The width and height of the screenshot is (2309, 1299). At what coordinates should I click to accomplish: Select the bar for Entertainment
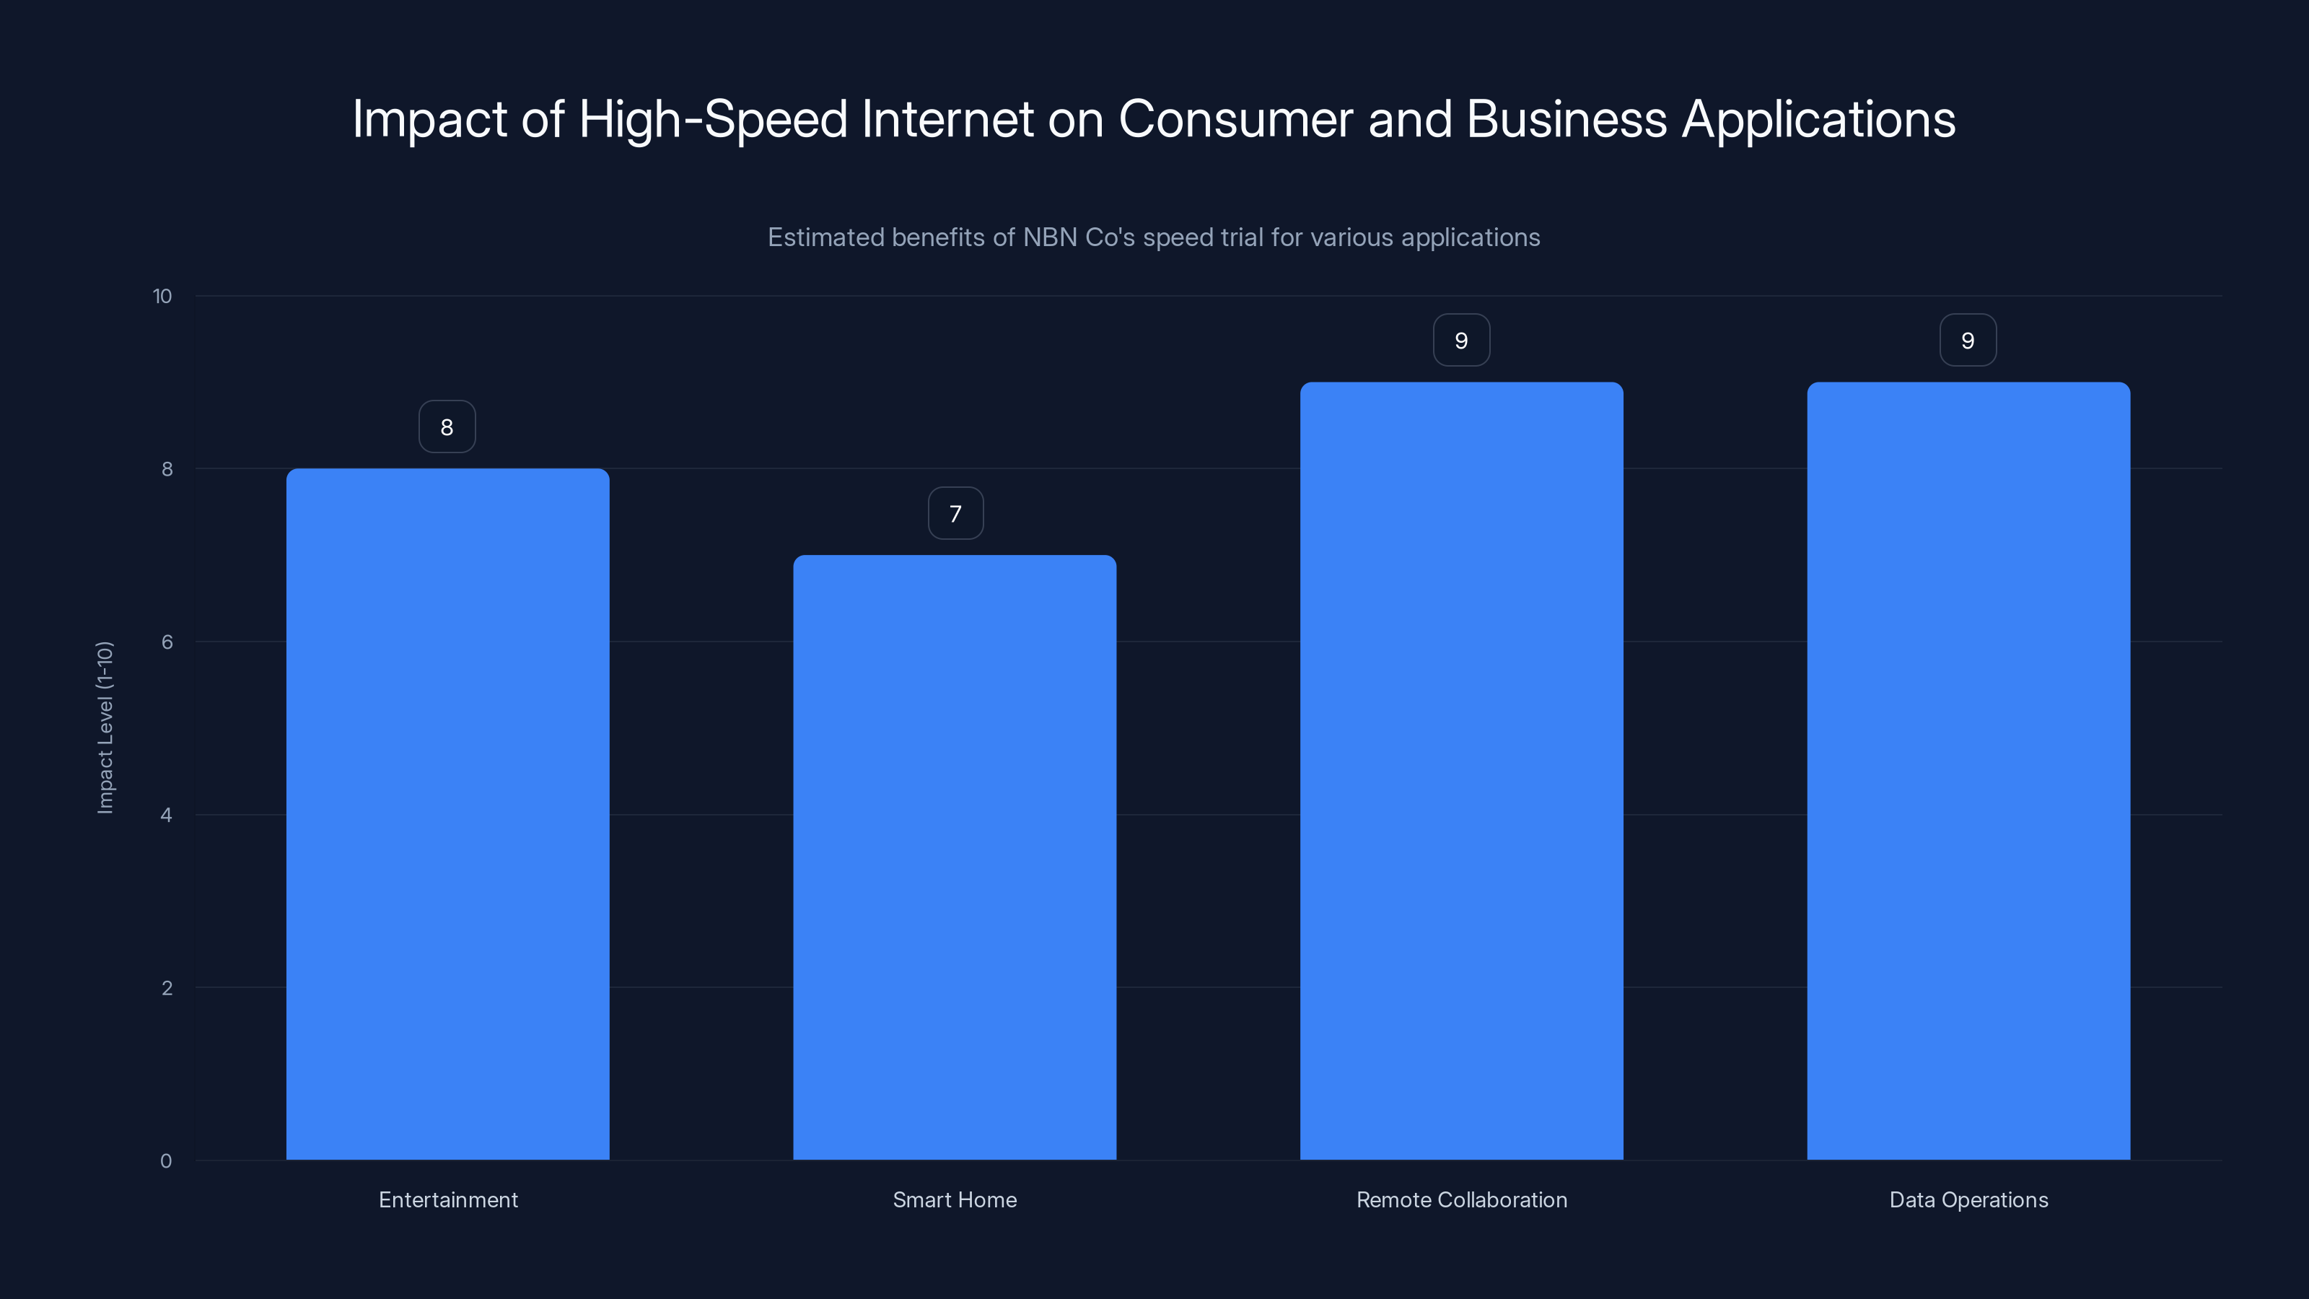(x=447, y=814)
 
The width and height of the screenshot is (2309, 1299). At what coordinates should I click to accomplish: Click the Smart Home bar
(x=955, y=857)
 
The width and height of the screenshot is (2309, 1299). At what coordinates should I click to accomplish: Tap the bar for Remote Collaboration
(x=1461, y=771)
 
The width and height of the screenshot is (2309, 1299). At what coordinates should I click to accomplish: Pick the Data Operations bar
(x=1968, y=771)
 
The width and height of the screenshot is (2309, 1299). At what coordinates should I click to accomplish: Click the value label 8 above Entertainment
(x=447, y=427)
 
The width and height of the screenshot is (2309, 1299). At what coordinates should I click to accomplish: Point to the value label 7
(x=955, y=514)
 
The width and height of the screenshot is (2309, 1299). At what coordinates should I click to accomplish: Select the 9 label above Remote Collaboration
(x=1461, y=341)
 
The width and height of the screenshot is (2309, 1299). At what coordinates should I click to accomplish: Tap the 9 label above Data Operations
(x=1968, y=341)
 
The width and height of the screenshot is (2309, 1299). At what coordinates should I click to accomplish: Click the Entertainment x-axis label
(x=448, y=1199)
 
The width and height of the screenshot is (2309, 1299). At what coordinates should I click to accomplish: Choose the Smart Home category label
(x=955, y=1199)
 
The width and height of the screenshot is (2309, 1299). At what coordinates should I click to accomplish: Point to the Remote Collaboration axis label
(x=1461, y=1199)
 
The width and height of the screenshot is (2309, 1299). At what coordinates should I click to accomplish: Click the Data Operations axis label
(x=1968, y=1199)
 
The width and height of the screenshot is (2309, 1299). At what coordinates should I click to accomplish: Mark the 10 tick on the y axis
(x=162, y=296)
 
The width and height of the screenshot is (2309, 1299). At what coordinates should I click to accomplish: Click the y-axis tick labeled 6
(x=167, y=642)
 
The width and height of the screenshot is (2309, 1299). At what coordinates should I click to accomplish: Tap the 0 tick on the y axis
(x=166, y=1161)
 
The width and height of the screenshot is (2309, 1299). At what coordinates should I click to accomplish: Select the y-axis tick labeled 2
(x=167, y=988)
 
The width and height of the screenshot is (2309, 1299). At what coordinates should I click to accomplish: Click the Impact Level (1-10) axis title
(x=105, y=727)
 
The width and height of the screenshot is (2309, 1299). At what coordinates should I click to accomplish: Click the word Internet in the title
(x=947, y=119)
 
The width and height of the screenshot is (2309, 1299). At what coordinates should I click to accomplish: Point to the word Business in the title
(x=1566, y=119)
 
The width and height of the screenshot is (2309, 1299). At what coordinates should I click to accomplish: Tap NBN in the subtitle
(x=1050, y=237)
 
